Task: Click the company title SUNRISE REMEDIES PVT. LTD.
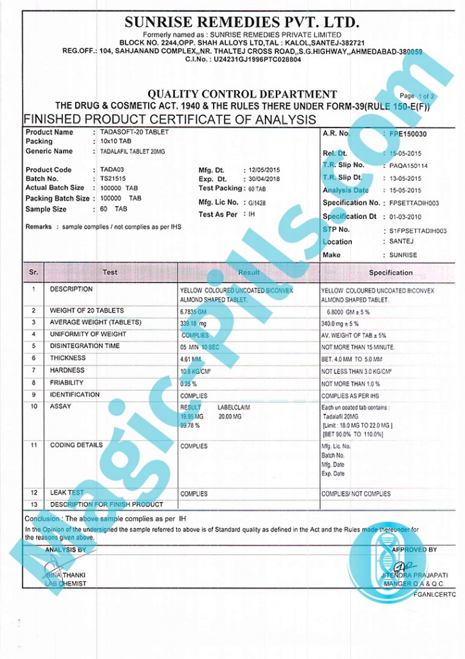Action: tap(242, 22)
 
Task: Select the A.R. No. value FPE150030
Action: tap(408, 134)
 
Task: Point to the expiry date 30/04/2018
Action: tap(264, 180)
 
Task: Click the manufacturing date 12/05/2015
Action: tap(264, 170)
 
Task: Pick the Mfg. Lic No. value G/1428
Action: tap(256, 202)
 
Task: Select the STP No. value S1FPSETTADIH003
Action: tap(418, 230)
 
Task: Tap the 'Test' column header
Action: tap(110, 272)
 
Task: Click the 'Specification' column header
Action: tap(390, 273)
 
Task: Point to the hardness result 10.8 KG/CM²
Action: tap(197, 371)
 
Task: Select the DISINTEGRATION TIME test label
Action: tap(85, 346)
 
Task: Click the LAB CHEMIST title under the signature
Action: tap(66, 584)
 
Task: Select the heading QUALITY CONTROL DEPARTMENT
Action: tap(242, 95)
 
